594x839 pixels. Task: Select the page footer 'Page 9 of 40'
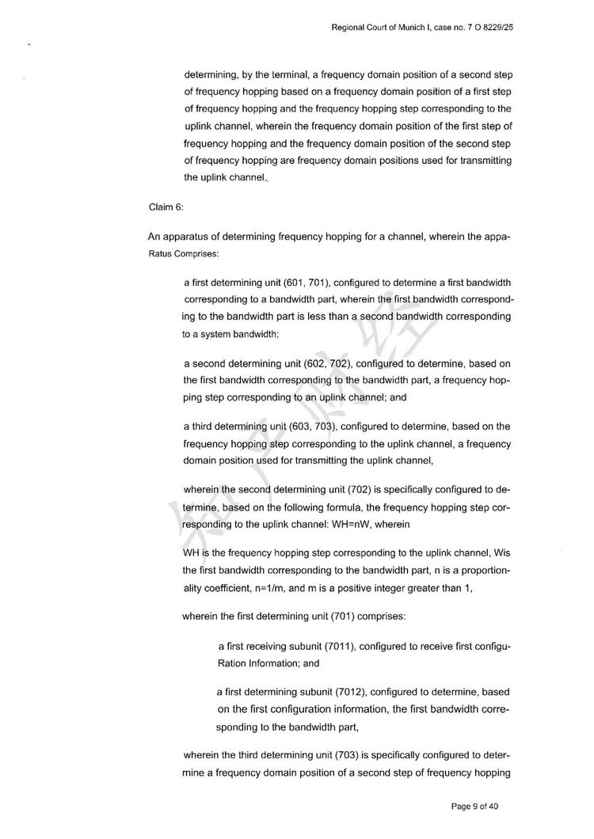[x=474, y=807]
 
